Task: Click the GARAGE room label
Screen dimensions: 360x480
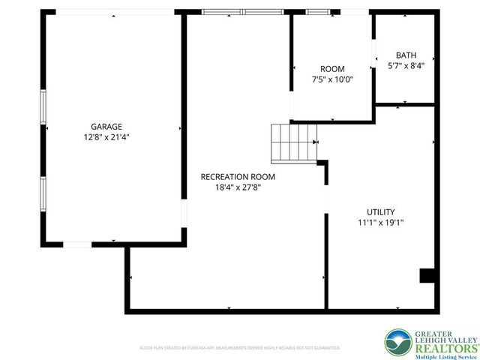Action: pyautogui.click(x=106, y=127)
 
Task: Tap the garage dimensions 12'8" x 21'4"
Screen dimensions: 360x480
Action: pyautogui.click(x=106, y=137)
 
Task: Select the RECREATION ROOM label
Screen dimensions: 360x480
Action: pyautogui.click(x=238, y=177)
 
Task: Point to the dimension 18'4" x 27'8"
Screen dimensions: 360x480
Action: pyautogui.click(x=238, y=187)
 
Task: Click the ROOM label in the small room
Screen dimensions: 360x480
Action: pyautogui.click(x=332, y=69)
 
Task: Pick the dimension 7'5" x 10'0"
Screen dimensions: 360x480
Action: pyautogui.click(x=332, y=79)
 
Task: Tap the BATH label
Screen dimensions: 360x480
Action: pyautogui.click(x=406, y=55)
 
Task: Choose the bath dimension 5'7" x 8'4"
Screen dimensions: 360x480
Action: pyautogui.click(x=406, y=66)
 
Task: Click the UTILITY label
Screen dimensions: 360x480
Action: pyautogui.click(x=381, y=212)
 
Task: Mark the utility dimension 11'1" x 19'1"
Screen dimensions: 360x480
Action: pyautogui.click(x=381, y=223)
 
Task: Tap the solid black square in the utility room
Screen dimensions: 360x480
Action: pyautogui.click(x=427, y=275)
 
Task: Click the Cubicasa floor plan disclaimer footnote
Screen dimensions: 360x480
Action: pyautogui.click(x=240, y=348)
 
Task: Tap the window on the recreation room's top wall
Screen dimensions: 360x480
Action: pyautogui.click(x=241, y=12)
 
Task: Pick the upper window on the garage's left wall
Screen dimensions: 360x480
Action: pyautogui.click(x=43, y=109)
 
